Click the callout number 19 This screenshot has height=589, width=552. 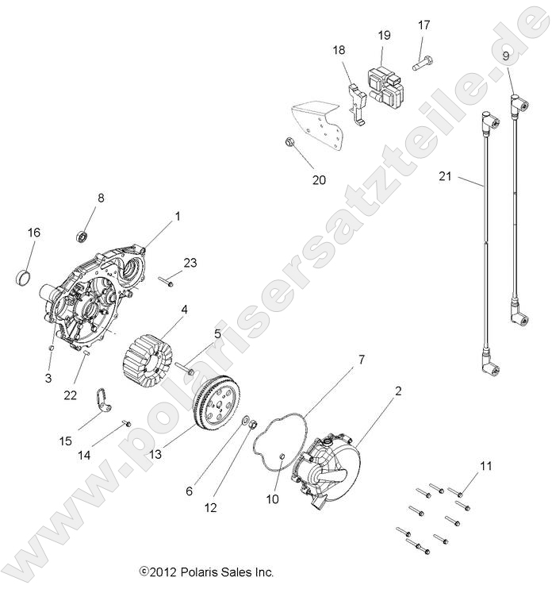tap(384, 35)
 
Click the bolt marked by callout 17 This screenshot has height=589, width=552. tap(422, 58)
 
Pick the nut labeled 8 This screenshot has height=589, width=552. tap(82, 236)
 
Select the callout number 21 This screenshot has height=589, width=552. tap(444, 176)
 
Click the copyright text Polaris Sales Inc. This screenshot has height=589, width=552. tap(206, 572)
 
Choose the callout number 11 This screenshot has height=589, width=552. tap(485, 466)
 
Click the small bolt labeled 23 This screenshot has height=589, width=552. tap(167, 280)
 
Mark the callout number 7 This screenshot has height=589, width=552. tap(361, 360)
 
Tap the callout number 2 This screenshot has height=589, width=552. tap(398, 391)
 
